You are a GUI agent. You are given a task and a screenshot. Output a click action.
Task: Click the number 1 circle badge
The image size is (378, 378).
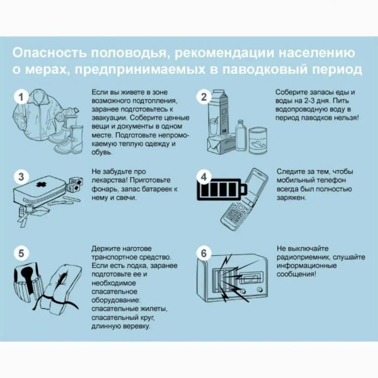[x=21, y=97]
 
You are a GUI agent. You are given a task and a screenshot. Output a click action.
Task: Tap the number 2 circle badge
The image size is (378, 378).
[x=203, y=97]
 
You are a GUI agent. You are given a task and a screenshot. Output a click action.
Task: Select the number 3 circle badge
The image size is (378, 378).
[x=21, y=176]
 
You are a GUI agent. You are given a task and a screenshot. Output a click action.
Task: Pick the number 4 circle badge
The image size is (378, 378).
[x=203, y=176]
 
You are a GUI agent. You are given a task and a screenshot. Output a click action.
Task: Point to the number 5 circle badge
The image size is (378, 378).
[x=21, y=253]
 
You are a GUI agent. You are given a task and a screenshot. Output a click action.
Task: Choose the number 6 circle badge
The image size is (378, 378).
[x=203, y=253]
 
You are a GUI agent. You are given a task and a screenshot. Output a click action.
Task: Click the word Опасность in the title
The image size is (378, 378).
[x=49, y=53]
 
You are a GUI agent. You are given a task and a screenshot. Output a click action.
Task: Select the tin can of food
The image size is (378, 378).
[x=258, y=140]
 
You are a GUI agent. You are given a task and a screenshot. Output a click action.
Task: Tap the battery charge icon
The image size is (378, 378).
[x=222, y=190]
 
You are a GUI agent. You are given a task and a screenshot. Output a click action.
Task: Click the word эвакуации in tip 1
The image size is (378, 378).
[x=109, y=118]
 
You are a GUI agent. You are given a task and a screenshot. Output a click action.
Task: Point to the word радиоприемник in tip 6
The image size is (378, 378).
[x=302, y=257]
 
